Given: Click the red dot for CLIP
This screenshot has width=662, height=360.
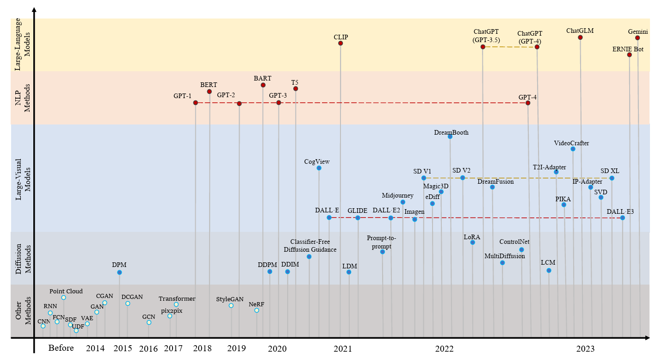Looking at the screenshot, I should (x=340, y=43).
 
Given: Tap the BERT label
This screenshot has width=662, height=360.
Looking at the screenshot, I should (x=209, y=85).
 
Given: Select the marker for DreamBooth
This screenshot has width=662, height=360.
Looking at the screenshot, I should (x=450, y=137).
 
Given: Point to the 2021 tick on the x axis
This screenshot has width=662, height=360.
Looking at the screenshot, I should (x=342, y=348).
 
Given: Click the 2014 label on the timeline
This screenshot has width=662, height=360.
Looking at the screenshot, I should (x=95, y=348).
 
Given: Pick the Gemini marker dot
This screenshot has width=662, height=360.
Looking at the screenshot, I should (x=637, y=38).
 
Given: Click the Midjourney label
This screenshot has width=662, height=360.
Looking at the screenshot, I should (x=397, y=195).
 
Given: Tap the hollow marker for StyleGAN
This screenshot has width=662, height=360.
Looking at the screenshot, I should (x=231, y=305).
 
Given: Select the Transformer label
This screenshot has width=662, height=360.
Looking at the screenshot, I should (x=177, y=298).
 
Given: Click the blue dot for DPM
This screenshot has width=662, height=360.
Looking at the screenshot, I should (x=119, y=272).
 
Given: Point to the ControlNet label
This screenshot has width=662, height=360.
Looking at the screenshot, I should (x=514, y=242).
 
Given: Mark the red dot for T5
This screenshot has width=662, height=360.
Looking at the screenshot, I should (x=296, y=88).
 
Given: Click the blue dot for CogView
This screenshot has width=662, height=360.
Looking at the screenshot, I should (x=319, y=168).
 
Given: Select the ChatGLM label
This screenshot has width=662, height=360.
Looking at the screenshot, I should (x=580, y=31).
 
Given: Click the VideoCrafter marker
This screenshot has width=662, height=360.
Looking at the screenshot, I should (x=573, y=149).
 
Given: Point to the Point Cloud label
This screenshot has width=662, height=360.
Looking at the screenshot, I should (x=66, y=291).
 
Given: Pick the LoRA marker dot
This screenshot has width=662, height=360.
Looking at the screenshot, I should (x=472, y=242).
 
